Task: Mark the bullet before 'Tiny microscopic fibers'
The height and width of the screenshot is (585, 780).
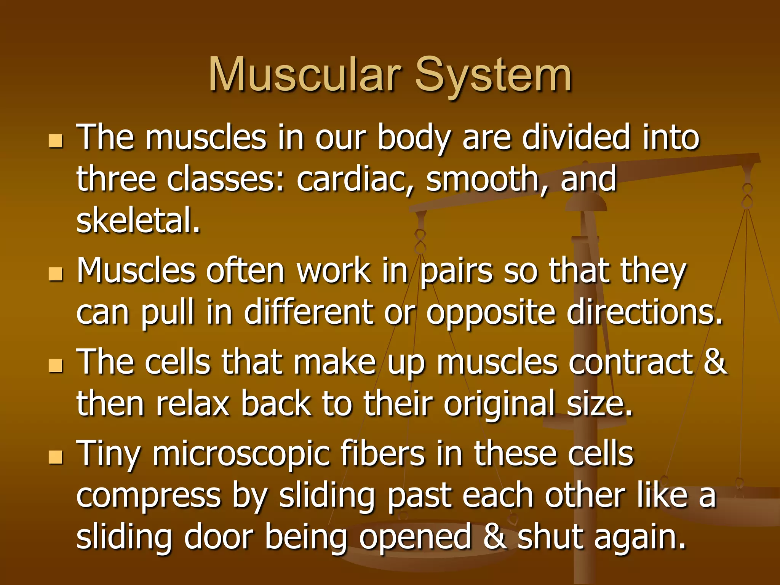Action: point(56,456)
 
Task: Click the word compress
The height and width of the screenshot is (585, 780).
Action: point(149,496)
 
